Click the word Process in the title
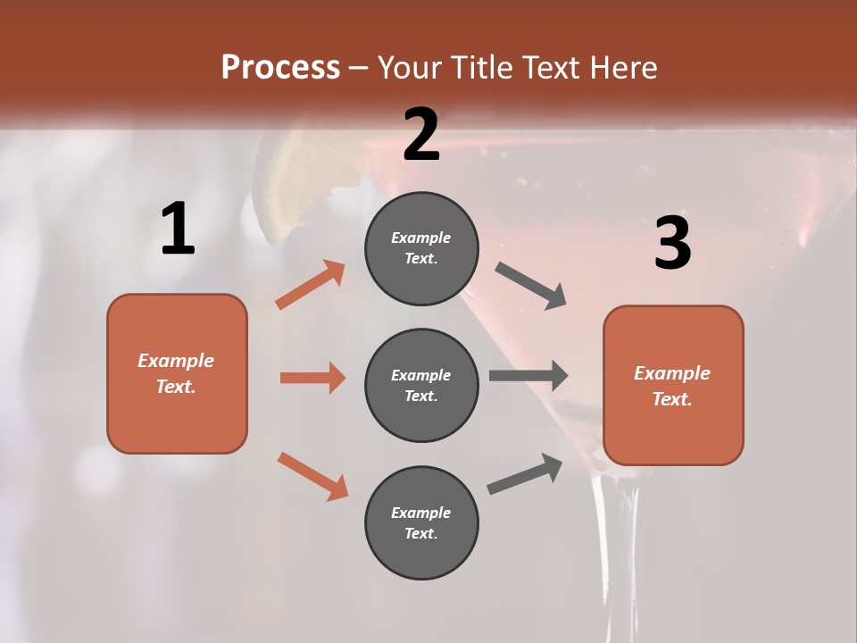[280, 68]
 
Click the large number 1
[178, 230]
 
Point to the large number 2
[421, 135]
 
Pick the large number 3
[672, 244]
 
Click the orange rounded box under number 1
[177, 373]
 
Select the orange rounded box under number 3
[673, 385]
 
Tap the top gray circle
[421, 248]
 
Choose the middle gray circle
[421, 385]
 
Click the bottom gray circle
[421, 522]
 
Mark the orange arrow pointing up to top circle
[311, 285]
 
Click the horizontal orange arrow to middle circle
[312, 378]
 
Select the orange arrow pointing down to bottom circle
[312, 476]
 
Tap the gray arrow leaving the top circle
[531, 286]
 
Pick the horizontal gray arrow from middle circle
[528, 375]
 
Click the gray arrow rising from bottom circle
[526, 474]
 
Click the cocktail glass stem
[615, 554]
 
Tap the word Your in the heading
[412, 68]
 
